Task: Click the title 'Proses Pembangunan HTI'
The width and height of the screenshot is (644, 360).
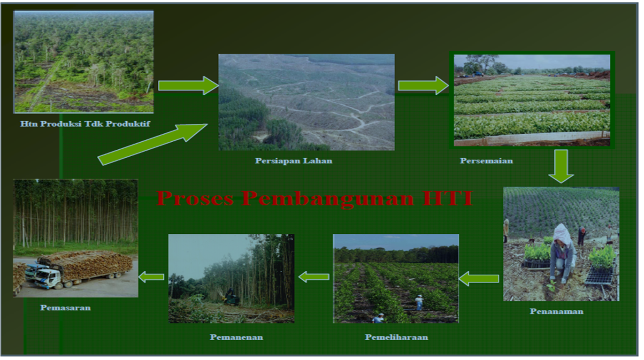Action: tap(314, 199)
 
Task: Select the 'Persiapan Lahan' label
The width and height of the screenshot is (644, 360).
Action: tap(293, 161)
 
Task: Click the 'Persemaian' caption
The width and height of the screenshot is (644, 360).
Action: tap(486, 161)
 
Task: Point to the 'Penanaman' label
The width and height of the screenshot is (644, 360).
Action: tap(556, 311)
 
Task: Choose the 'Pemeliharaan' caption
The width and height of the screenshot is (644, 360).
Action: tap(396, 337)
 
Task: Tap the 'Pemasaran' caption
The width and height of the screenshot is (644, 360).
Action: tap(65, 308)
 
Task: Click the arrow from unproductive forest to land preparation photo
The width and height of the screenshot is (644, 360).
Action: tap(188, 85)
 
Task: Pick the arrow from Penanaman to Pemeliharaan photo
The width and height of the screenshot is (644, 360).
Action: tap(479, 279)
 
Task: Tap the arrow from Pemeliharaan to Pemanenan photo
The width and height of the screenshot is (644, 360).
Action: tap(314, 277)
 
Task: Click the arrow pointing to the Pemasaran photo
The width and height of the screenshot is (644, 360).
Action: tap(152, 277)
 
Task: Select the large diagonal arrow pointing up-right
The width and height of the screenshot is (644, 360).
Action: tap(153, 145)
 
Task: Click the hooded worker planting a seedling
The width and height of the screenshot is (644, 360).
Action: tap(562, 253)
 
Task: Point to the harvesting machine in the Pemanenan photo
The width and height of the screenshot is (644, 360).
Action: tap(231, 296)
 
